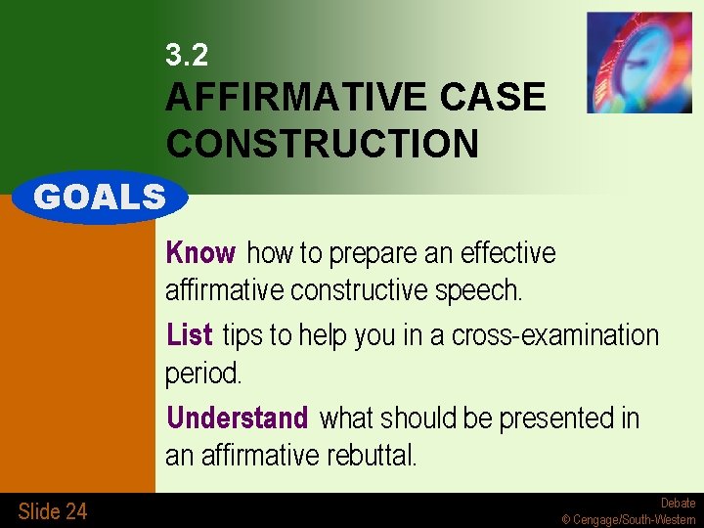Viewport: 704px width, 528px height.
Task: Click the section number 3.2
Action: (187, 56)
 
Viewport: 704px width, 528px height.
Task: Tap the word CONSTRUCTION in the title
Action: (323, 145)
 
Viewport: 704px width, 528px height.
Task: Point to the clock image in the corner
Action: (638, 63)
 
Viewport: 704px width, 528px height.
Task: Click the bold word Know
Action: (200, 253)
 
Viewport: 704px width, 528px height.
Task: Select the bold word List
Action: (190, 335)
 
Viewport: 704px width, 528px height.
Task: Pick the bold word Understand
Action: (237, 418)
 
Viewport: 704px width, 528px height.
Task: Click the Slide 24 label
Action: (52, 510)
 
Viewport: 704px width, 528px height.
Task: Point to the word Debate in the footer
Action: (678, 504)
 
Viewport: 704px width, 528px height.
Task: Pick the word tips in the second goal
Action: (243, 335)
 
